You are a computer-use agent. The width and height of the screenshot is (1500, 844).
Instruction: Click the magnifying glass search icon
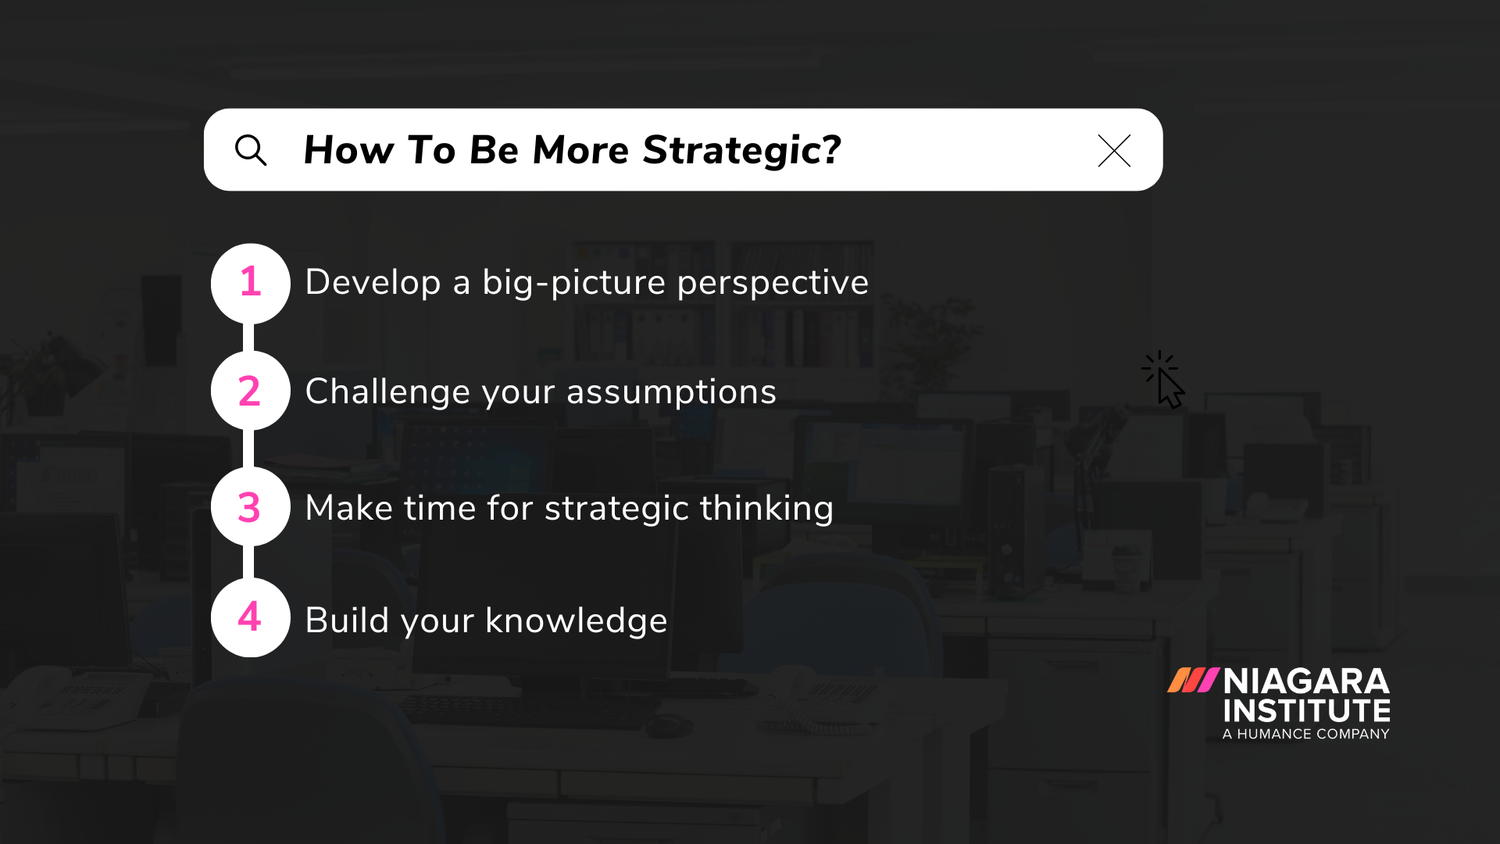point(251,150)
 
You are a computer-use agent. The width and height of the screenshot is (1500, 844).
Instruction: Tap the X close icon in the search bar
point(1113,151)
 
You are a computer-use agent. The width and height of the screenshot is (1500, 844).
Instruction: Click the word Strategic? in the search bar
point(741,150)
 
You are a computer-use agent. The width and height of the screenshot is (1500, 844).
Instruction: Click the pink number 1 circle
point(250,283)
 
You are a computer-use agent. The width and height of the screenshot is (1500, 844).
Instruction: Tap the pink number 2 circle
point(250,391)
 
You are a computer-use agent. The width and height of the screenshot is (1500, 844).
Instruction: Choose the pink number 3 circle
point(250,507)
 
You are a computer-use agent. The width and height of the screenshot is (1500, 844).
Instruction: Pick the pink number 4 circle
point(250,617)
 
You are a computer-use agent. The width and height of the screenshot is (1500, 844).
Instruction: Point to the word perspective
point(772,283)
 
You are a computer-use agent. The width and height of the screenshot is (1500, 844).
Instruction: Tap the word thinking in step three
point(766,508)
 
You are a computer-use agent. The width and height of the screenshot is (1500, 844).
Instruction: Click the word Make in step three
point(348,508)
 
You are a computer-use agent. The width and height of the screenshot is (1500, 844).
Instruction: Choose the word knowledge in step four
point(576,620)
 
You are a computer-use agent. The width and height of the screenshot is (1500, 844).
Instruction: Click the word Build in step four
point(346,620)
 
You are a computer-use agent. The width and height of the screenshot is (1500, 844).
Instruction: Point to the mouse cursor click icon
point(1164,380)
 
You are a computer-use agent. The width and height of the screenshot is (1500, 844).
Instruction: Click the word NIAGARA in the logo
point(1306,681)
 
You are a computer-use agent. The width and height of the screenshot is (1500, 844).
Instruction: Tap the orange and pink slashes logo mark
point(1192,680)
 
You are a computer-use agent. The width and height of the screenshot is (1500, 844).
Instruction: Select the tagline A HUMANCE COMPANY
point(1305,734)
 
